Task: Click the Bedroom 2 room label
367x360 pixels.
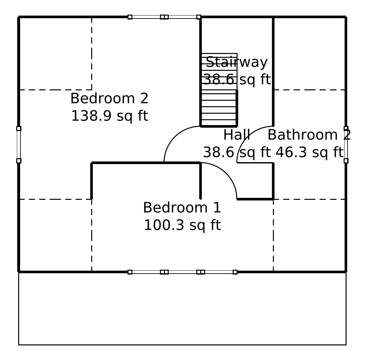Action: point(109,98)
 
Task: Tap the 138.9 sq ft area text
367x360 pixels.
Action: point(109,116)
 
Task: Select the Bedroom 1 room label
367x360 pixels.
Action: point(182,208)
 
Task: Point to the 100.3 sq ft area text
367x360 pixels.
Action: point(182,225)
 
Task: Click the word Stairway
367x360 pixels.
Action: point(237,62)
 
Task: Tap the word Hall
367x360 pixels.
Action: point(237,135)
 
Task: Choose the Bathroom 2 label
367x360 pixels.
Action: point(309,135)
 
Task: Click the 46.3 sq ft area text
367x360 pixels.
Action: point(309,152)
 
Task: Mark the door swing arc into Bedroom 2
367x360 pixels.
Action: point(175,137)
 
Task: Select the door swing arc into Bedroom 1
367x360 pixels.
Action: point(226,173)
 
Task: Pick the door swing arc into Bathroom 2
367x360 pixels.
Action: point(247,137)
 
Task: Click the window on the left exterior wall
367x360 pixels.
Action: point(19,145)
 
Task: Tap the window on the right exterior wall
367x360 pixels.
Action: point(346,145)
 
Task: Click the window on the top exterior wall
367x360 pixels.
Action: point(164,17)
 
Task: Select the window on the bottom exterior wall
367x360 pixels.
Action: point(183,272)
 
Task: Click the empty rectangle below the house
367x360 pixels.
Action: point(182,308)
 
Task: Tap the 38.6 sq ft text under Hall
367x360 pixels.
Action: point(237,152)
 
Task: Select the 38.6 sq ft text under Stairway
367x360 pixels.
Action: point(237,80)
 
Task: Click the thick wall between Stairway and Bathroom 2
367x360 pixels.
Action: point(273,71)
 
